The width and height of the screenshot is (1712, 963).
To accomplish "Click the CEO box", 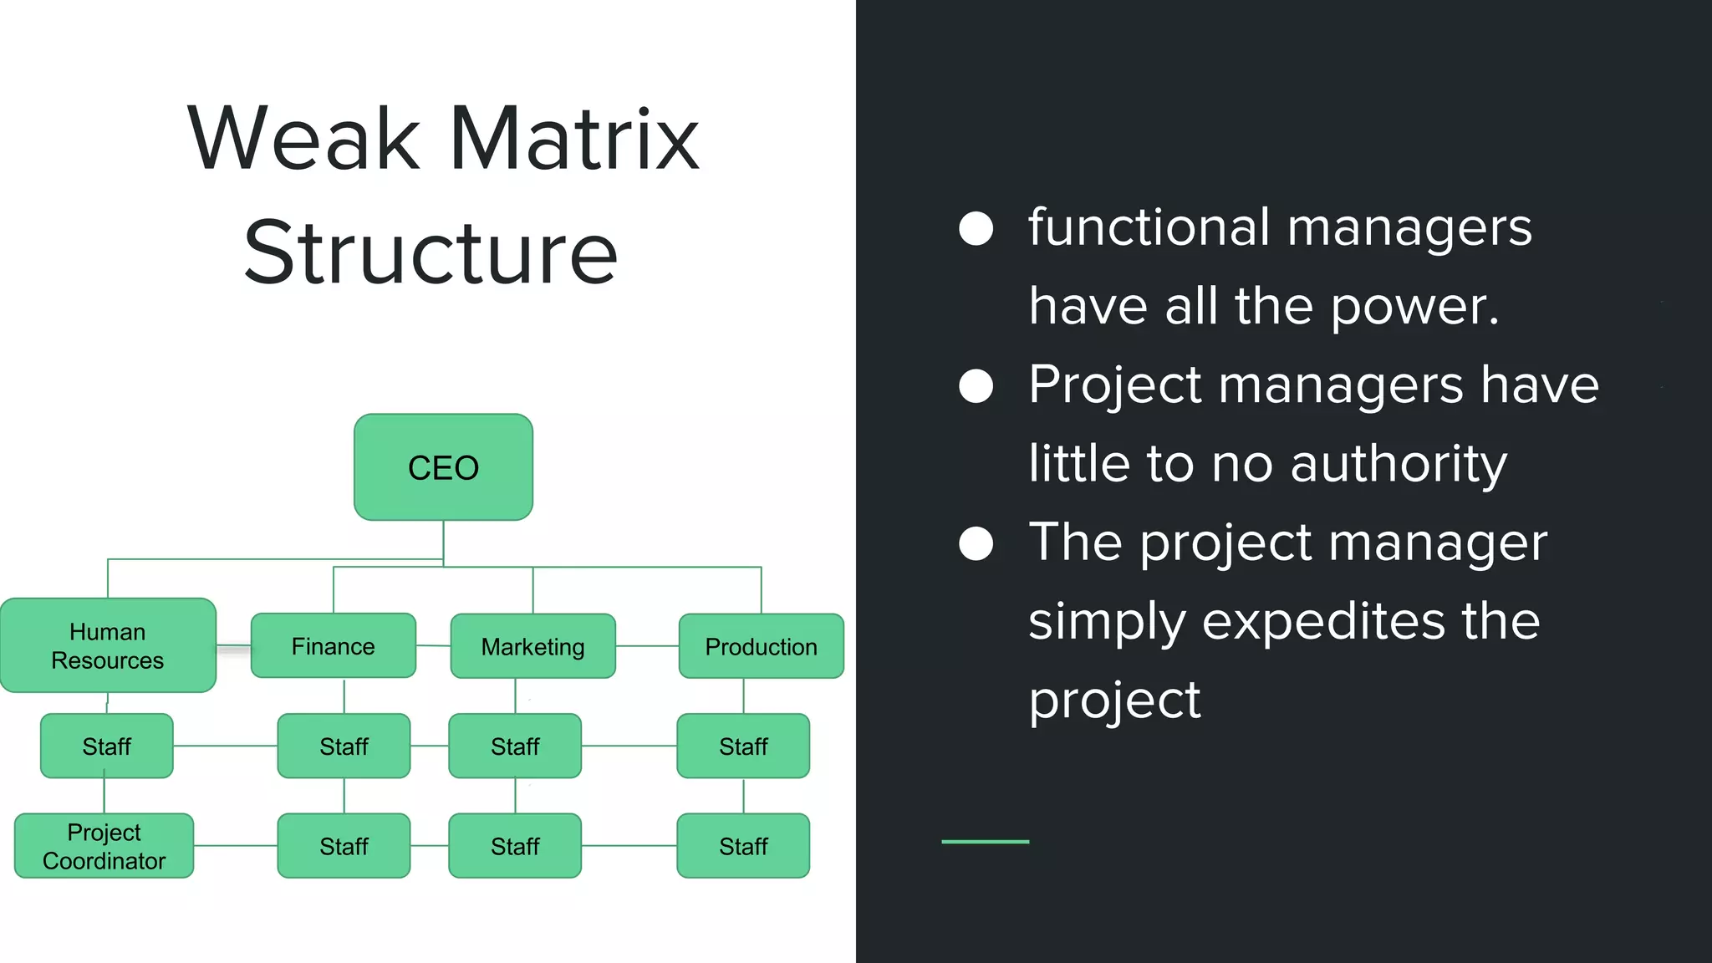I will click(x=443, y=467).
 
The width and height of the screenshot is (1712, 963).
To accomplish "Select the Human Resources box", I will click(x=108, y=645).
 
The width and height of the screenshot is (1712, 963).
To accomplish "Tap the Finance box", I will click(x=333, y=646).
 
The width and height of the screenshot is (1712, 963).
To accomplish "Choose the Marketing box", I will click(x=532, y=646).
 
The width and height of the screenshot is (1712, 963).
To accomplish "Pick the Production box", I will click(x=761, y=646).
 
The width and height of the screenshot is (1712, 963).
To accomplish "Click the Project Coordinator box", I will click(x=104, y=846).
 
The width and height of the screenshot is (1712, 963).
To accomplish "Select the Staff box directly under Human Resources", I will click(x=106, y=746).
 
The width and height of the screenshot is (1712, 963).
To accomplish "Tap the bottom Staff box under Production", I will click(x=742, y=846).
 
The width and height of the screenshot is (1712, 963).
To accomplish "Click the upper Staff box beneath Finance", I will click(x=344, y=746).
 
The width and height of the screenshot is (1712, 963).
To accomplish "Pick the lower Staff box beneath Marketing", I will click(x=514, y=846).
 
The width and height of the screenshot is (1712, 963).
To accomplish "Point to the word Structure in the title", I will click(x=431, y=252).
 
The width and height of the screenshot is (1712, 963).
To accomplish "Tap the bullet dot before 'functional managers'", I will click(x=976, y=228).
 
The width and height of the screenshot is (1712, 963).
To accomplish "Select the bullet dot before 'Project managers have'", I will click(x=976, y=386).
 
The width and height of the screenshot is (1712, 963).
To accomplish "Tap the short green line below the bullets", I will click(x=985, y=841).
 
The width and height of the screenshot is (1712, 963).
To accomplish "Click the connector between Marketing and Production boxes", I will click(x=647, y=646).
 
